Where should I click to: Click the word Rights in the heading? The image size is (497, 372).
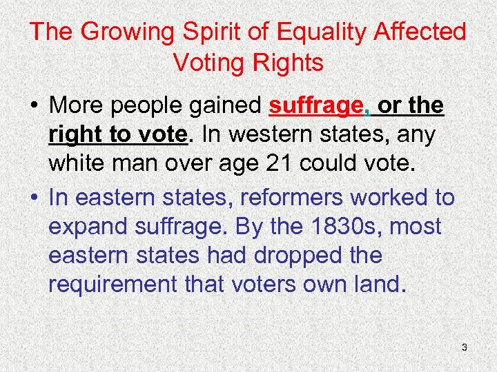[x=289, y=63]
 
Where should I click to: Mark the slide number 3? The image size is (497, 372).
[x=464, y=348]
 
